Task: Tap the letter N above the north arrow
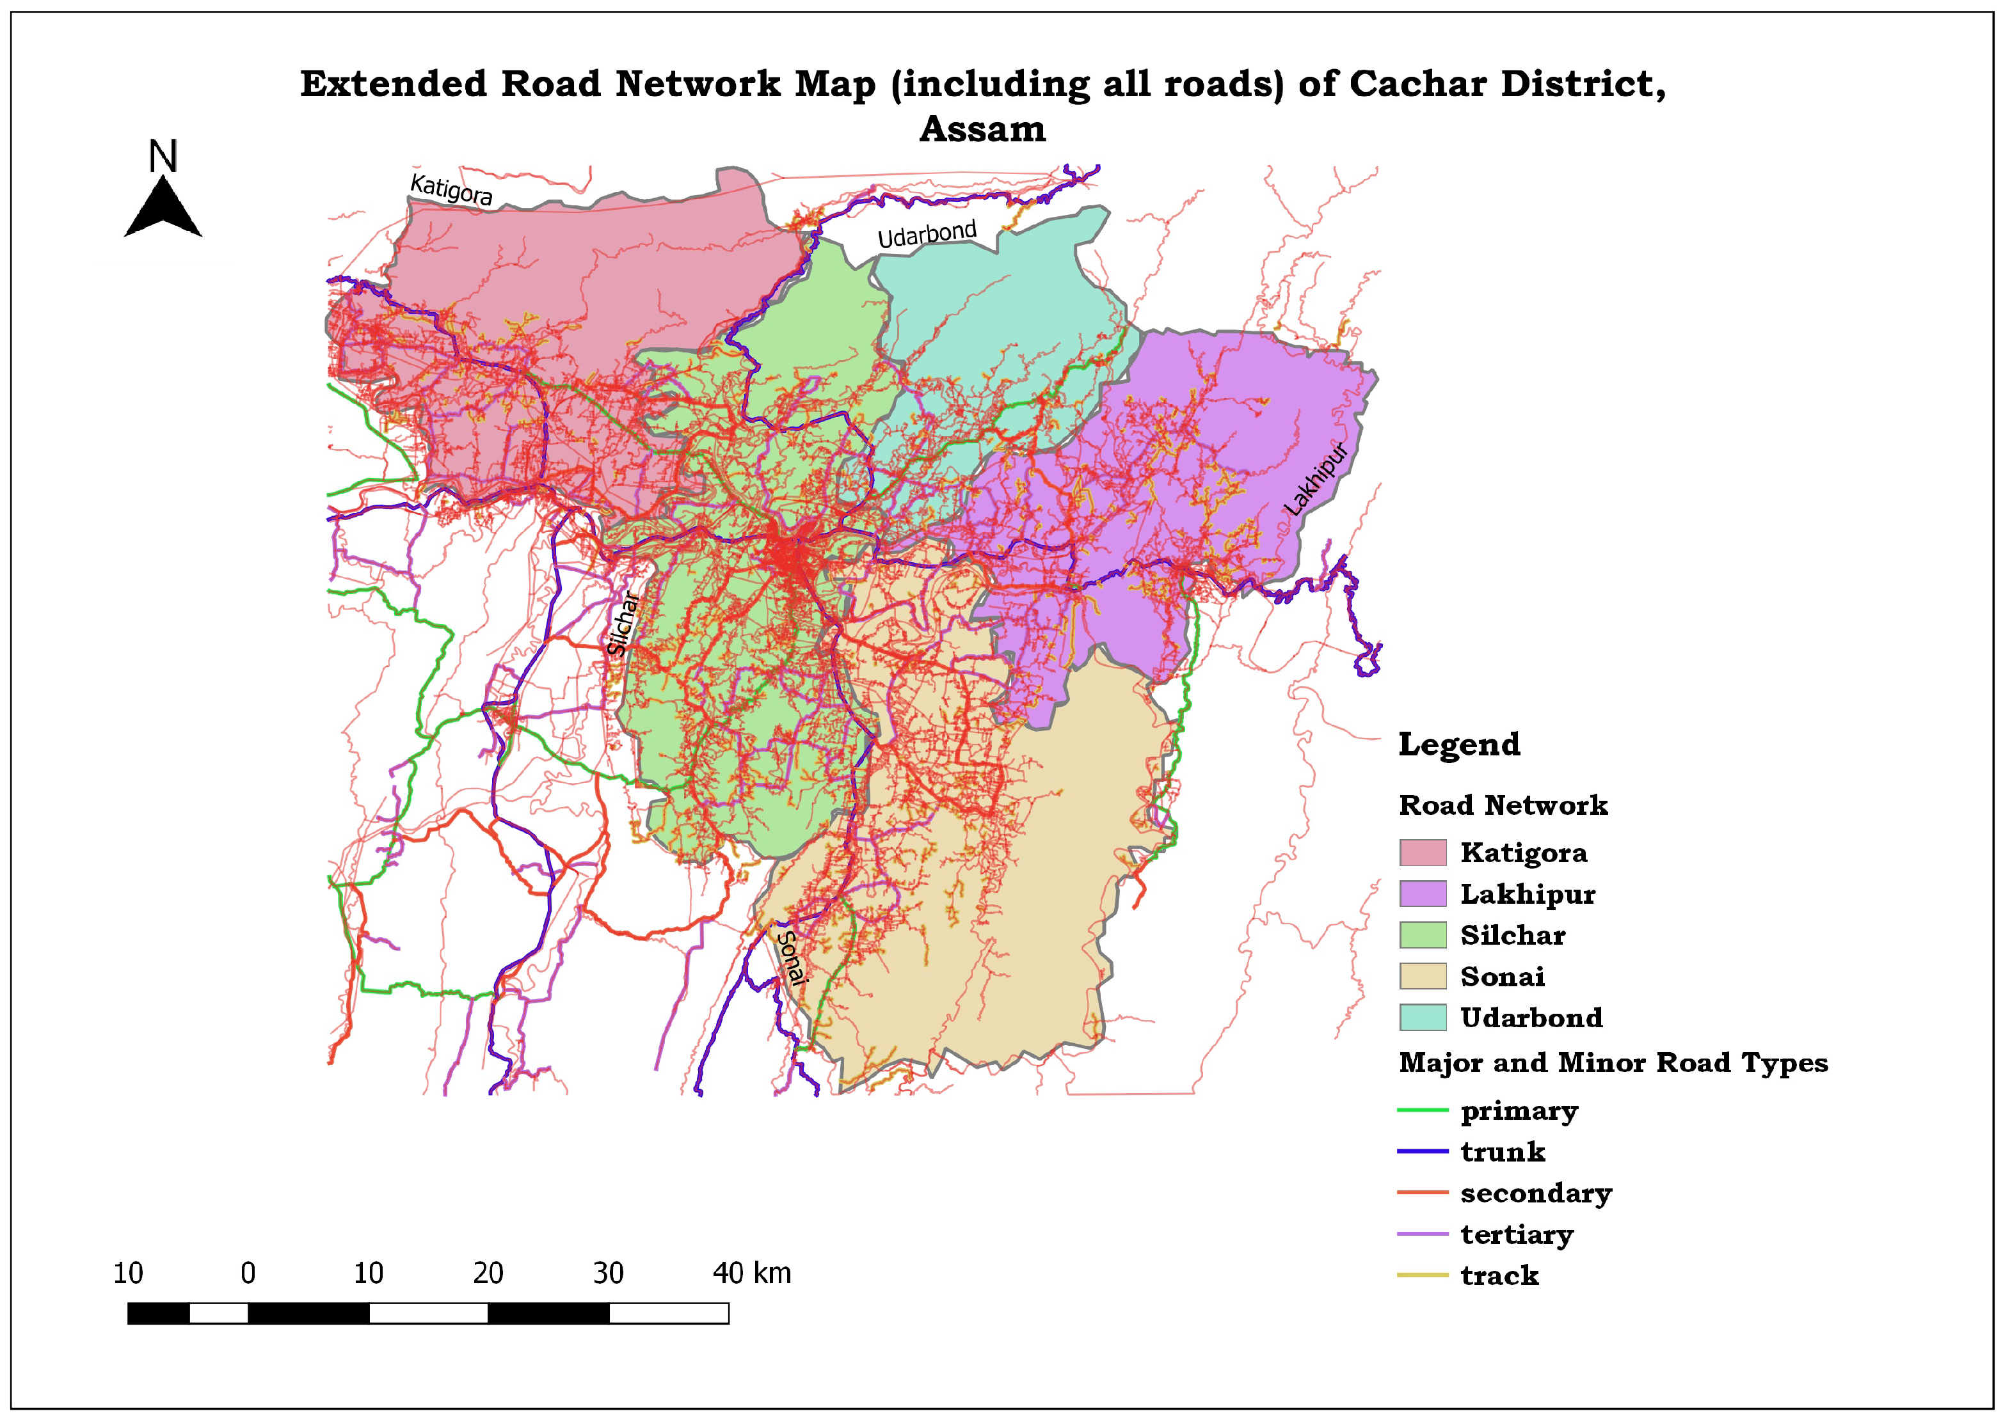(163, 157)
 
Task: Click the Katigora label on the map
(451, 189)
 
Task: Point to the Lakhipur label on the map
(1316, 478)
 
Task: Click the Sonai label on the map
(790, 957)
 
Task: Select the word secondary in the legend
(1536, 1193)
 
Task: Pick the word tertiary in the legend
(1517, 1234)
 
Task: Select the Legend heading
(1459, 744)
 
